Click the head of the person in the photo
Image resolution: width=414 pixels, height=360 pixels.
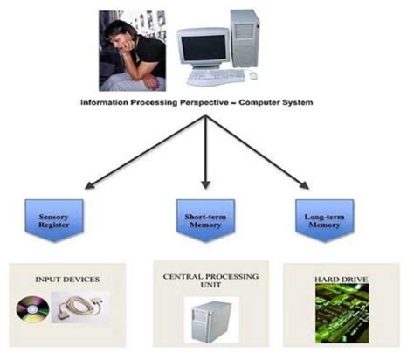pyautogui.click(x=121, y=31)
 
